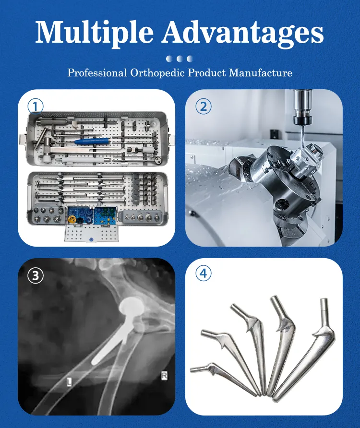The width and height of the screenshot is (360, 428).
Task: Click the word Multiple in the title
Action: point(95,33)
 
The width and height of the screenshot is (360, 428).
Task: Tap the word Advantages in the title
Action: point(243,33)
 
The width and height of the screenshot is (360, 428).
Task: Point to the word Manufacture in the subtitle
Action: point(261,72)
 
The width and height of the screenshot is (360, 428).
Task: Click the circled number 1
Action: point(36,106)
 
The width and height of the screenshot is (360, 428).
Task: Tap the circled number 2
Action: point(204,106)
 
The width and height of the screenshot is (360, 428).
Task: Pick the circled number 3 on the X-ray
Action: point(36,275)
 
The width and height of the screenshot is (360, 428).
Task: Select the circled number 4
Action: point(204,273)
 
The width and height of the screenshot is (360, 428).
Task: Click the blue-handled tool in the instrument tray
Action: point(93,141)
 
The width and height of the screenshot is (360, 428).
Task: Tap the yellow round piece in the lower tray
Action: point(72,219)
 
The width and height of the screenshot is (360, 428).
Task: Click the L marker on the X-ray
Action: point(70,382)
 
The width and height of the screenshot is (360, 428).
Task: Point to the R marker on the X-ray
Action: point(164,376)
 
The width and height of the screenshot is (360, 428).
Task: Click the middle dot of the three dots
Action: point(180,59)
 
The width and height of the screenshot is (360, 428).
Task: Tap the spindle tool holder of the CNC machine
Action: point(302,109)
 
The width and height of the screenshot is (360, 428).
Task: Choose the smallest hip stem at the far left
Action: point(223,378)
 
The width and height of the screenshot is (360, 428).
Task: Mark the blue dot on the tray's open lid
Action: point(91,239)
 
